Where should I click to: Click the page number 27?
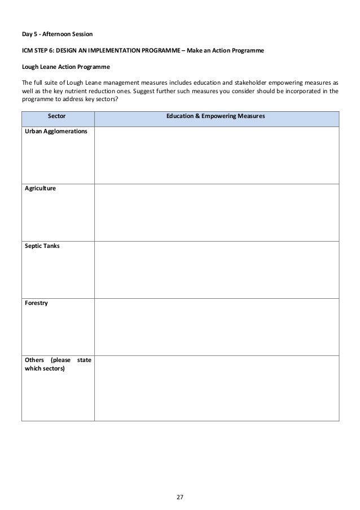180,481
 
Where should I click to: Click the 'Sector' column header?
58,116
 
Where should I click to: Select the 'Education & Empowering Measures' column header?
216,116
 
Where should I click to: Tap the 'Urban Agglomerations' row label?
55,131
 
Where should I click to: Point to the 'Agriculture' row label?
40,189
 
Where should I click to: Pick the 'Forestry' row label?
37,303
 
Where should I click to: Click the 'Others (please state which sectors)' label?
58,364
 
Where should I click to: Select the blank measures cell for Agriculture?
217,212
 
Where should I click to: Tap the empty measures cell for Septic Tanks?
217,269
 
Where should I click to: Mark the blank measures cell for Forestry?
217,326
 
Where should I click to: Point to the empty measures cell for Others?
217,387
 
